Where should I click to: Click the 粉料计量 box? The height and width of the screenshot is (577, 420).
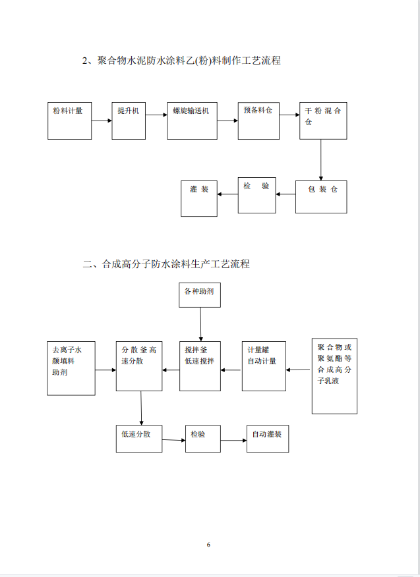69,121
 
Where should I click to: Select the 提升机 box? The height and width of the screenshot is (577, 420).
129,121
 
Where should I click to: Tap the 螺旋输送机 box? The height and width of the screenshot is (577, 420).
192,121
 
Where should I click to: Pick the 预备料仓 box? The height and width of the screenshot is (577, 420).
258,121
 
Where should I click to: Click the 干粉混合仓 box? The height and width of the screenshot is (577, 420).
323,121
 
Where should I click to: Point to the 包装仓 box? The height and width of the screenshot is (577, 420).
321,196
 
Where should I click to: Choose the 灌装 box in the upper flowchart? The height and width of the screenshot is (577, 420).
199,198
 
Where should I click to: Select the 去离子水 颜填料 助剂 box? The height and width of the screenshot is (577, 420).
71,368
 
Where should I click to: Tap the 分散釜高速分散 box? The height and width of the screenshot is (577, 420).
139,366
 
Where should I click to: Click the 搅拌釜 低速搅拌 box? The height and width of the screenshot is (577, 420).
200,366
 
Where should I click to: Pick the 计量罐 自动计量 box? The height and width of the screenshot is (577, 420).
264,366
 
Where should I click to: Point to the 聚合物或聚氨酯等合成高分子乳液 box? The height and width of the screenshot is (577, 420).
334,376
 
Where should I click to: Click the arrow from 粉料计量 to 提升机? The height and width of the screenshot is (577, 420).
102,121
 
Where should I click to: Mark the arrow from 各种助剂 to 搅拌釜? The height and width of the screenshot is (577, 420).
200,323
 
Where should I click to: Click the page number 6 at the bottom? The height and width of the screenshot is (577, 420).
208,545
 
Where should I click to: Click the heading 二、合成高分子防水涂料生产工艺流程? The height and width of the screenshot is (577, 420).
166,264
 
